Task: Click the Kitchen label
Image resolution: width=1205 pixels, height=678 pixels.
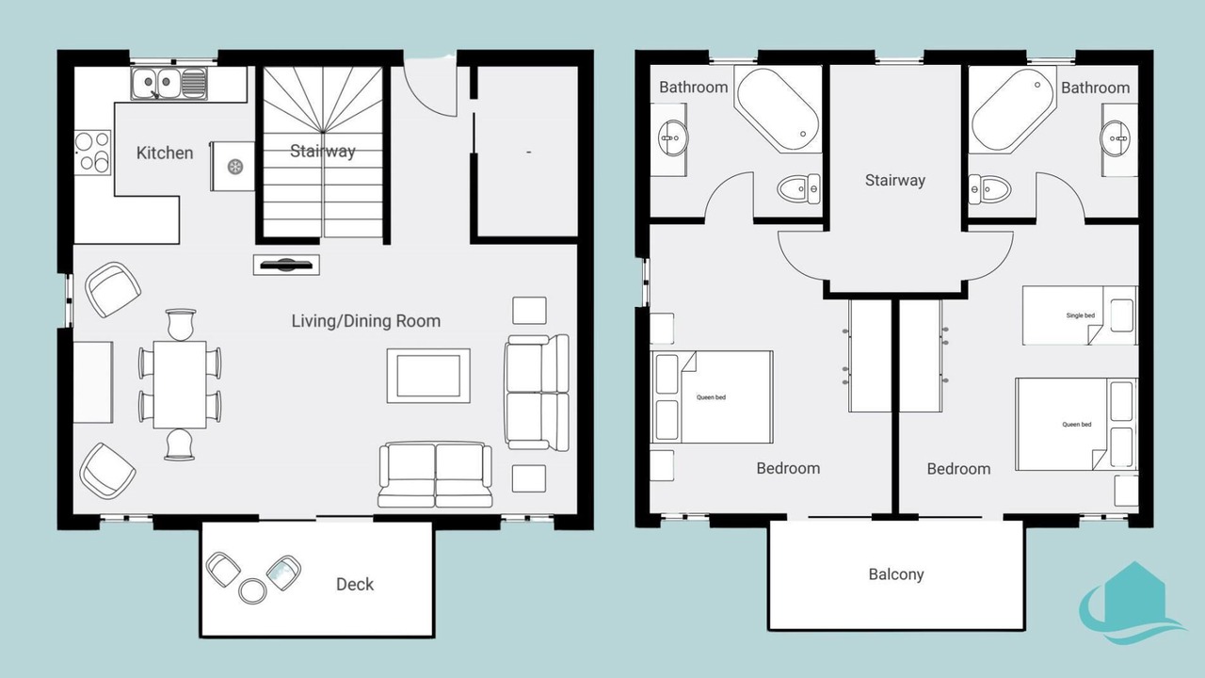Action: [165, 153]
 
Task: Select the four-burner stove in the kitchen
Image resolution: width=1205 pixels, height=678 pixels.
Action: [92, 153]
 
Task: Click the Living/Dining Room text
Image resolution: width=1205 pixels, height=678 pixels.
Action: [366, 321]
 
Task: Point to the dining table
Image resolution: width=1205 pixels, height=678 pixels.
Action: [180, 385]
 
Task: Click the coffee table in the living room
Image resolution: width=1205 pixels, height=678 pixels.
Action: [428, 376]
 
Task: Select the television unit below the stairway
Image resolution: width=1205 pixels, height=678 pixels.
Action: [286, 265]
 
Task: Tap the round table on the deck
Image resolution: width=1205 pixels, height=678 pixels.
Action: [252, 591]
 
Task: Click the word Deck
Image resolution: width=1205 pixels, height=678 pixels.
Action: [355, 585]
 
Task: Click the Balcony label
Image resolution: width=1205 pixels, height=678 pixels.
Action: [896, 574]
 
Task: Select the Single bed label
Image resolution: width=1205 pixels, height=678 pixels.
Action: [1080, 315]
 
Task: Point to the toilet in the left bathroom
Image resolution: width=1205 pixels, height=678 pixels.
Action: [799, 189]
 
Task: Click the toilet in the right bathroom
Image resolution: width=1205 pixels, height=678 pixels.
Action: [989, 189]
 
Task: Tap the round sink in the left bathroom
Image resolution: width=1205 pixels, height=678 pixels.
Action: [672, 138]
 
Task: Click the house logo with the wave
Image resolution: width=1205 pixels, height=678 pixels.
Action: [1130, 603]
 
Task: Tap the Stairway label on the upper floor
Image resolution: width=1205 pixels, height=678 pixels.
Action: [895, 180]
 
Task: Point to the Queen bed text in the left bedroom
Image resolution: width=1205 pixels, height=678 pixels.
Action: [711, 397]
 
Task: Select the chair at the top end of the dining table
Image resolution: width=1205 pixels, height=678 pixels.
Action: [180, 325]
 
